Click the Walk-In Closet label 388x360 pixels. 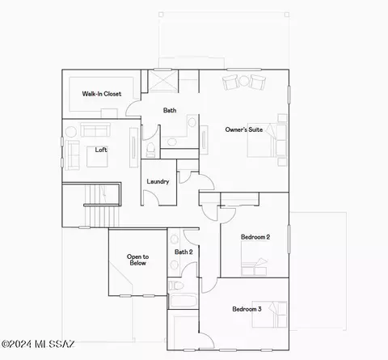click(102, 94)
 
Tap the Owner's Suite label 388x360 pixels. click(244, 129)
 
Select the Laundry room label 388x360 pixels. click(158, 181)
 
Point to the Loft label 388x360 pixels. click(101, 150)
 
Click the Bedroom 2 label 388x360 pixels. click(255, 237)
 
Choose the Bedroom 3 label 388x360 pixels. click(247, 309)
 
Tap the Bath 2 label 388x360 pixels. click(183, 252)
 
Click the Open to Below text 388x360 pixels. click(137, 260)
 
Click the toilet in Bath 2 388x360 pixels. click(175, 286)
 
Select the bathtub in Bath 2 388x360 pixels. click(183, 301)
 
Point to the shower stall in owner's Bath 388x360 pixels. click(162, 81)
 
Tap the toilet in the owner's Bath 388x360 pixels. click(150, 150)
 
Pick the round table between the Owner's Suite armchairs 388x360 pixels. click(244, 81)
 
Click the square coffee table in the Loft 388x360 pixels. click(97, 157)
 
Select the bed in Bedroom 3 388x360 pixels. click(269, 315)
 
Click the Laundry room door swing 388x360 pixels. click(151, 197)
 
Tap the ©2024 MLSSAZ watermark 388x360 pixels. click(38, 345)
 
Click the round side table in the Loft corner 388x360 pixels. click(71, 132)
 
